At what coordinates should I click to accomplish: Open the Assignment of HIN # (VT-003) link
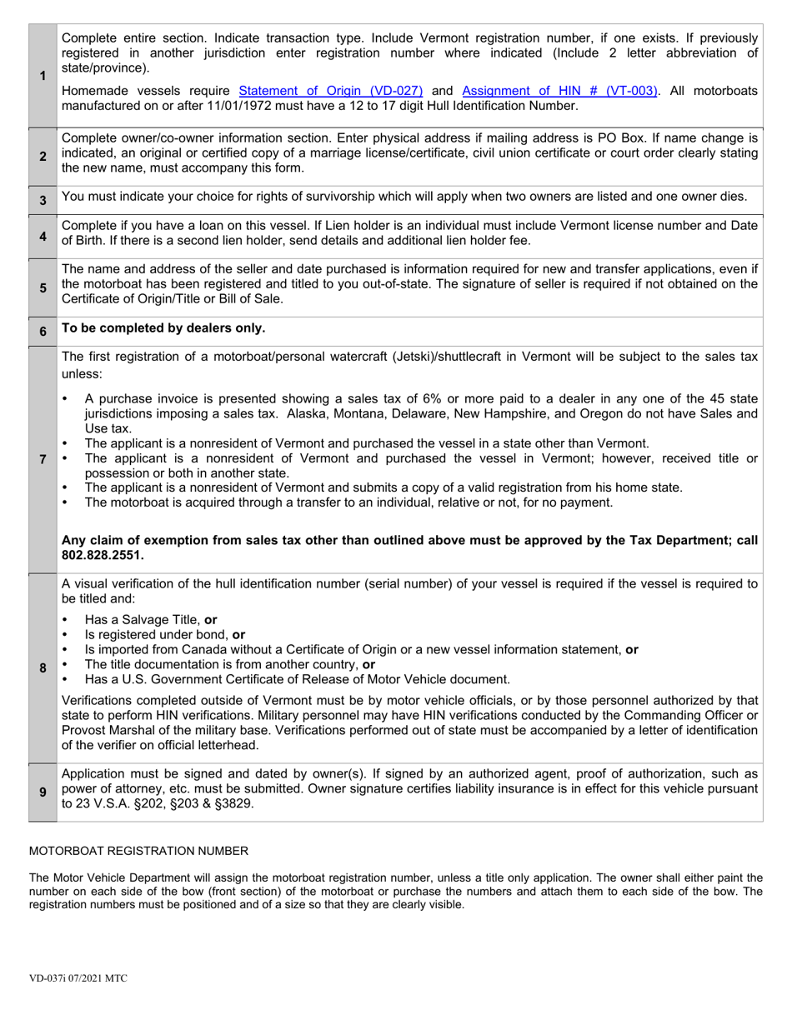pos(559,91)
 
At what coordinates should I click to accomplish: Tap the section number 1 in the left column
pos(43,76)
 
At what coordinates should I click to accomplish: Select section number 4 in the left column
pos(43,236)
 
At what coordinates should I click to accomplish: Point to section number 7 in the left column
pos(43,459)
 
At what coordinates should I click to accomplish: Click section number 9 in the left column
pos(43,792)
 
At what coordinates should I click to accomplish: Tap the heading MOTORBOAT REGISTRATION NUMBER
pos(138,851)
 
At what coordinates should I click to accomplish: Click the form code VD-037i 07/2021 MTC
pos(78,978)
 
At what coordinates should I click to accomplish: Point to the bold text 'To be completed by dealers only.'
pos(163,328)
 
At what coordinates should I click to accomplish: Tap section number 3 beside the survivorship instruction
pos(43,200)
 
